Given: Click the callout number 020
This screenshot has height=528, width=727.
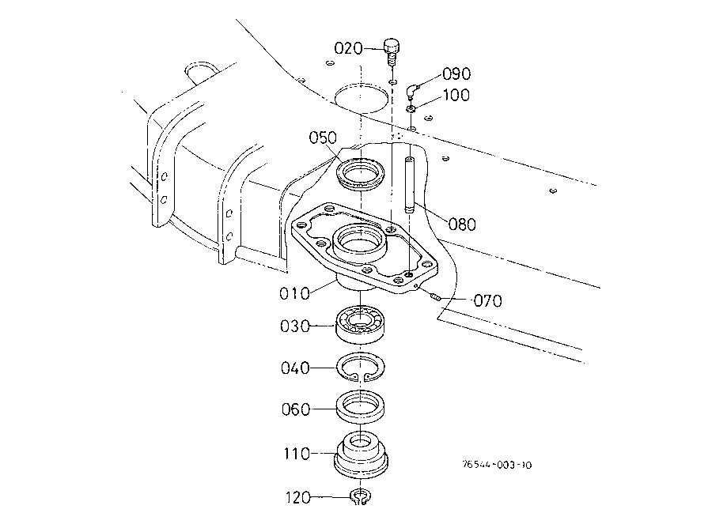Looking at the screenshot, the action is pos(348,48).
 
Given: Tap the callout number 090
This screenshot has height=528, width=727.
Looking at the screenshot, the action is pos(456,74).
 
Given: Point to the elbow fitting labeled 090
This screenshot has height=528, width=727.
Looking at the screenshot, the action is pos(411,91).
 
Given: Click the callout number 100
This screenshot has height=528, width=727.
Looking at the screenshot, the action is pos(456,95).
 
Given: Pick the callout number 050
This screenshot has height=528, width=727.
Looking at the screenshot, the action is pos(323,138).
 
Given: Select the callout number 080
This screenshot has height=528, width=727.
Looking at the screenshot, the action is pos(462,224).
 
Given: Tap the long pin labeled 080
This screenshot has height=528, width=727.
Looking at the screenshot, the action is pos(409,185).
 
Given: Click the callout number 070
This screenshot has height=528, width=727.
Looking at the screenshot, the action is pos(488,301).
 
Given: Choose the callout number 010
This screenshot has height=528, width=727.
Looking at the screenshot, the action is pos(294,294).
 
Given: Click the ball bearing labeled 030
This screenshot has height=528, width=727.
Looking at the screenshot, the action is pos(360,324).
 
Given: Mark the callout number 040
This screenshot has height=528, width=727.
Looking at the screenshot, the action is pos(295,368).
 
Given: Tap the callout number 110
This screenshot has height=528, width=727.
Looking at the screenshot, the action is pos(297,454).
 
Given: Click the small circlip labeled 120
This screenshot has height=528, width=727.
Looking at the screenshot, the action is pos(360,497).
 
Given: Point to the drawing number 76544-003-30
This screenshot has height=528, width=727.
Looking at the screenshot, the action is pos(497,465).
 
